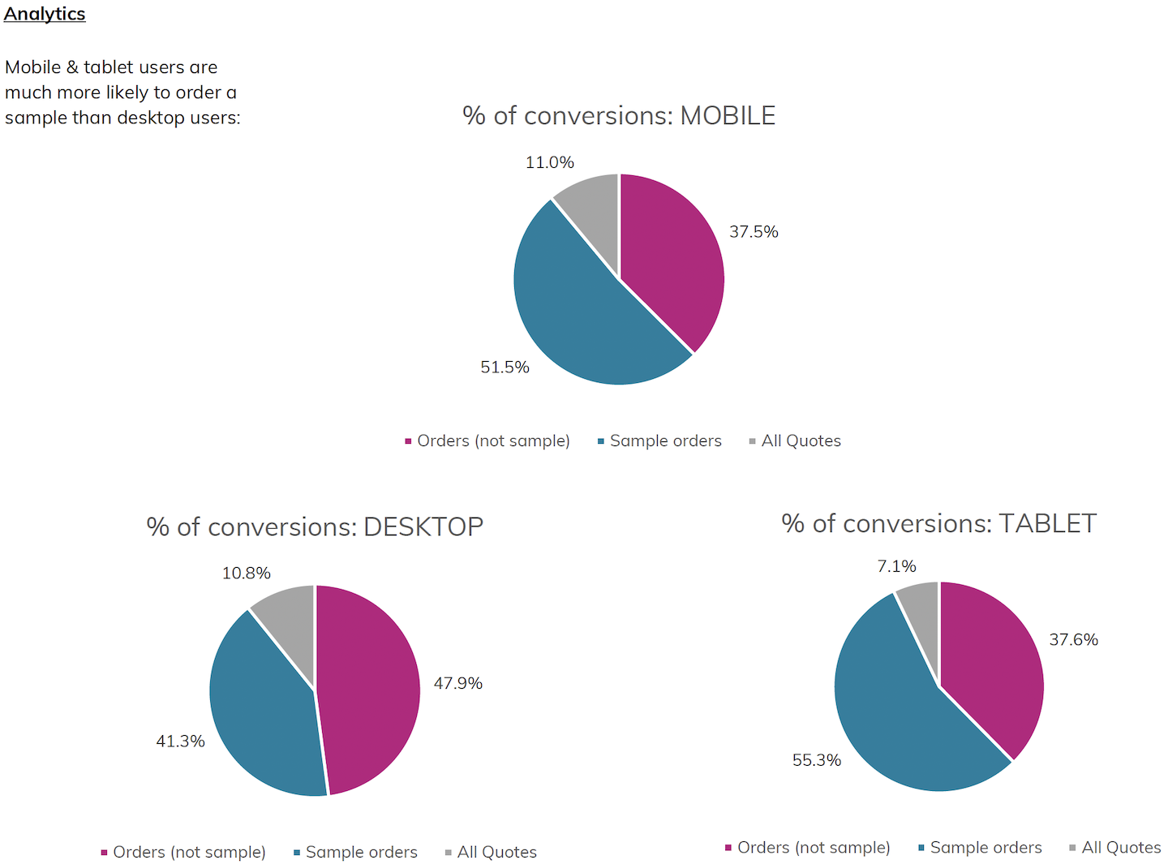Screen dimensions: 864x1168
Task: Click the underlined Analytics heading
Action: tap(45, 14)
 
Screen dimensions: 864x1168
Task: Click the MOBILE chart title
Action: tap(619, 116)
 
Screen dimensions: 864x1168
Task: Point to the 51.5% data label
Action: tap(505, 368)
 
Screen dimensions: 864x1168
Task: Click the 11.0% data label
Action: tap(550, 162)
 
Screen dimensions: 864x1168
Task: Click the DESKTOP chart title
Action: tap(315, 527)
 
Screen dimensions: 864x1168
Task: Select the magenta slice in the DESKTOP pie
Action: tap(369, 690)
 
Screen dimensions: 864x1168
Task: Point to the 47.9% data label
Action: tap(458, 683)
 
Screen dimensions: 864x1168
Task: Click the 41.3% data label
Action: tap(180, 741)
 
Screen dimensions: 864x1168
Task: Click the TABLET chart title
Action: tap(938, 524)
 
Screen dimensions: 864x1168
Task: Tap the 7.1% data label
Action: tap(896, 566)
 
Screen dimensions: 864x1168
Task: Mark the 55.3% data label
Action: tap(817, 760)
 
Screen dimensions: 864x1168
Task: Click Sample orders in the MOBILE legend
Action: tap(665, 441)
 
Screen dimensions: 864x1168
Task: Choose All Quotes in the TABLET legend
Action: tap(1121, 848)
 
